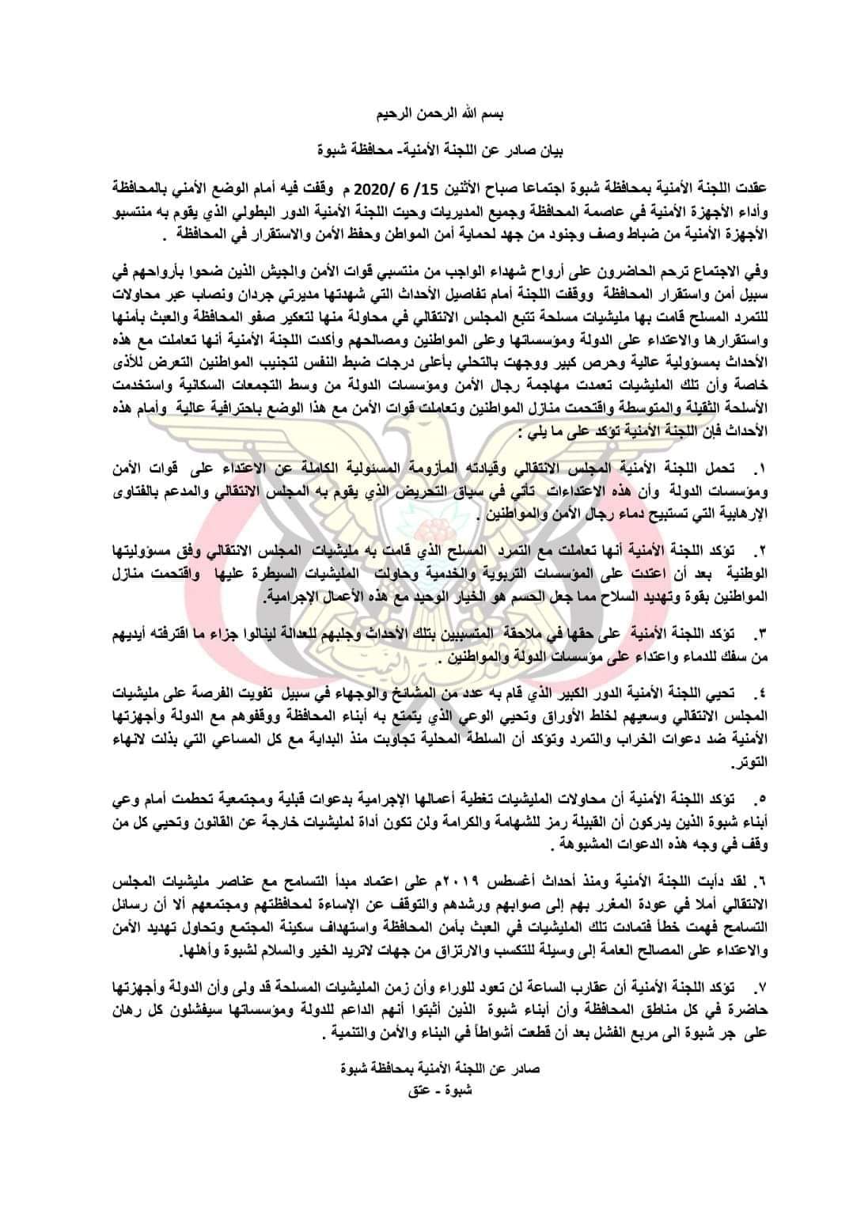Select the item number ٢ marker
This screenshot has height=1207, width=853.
735,548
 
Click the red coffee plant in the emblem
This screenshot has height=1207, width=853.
428,519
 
